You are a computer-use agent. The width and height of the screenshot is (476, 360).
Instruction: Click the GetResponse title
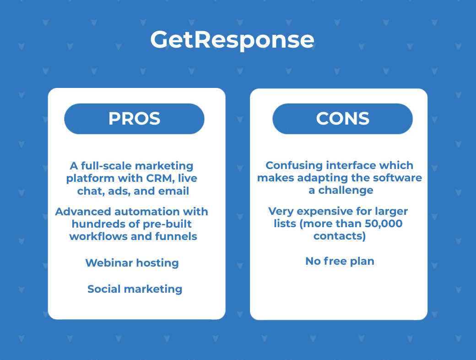(x=232, y=40)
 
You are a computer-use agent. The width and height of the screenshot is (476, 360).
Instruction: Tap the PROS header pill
(x=134, y=119)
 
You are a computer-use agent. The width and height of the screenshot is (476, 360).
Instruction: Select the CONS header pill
(x=342, y=119)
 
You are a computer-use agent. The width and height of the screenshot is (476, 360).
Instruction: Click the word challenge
(x=346, y=190)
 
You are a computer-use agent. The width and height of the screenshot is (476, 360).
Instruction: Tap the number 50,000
(x=384, y=224)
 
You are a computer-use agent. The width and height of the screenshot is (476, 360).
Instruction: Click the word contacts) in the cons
(x=340, y=236)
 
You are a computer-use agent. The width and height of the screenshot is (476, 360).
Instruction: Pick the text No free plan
(x=340, y=261)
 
